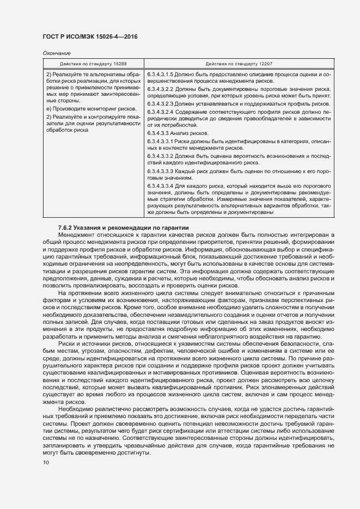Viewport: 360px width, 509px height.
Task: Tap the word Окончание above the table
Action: (x=56, y=53)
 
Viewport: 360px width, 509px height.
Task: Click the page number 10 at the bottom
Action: (x=46, y=463)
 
